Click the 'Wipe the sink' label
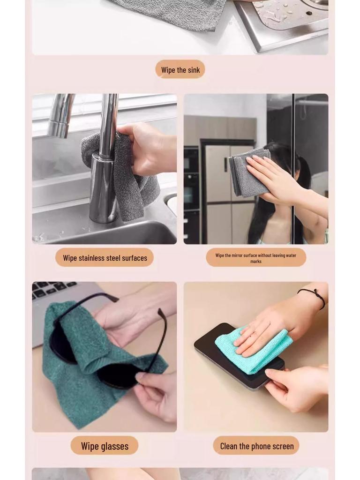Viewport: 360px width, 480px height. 180,70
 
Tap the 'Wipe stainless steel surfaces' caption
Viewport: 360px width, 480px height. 105,258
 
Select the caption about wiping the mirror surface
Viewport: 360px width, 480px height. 256,258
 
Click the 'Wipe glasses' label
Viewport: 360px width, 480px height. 105,446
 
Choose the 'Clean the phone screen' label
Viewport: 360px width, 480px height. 256,446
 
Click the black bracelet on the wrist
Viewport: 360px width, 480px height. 313,297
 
